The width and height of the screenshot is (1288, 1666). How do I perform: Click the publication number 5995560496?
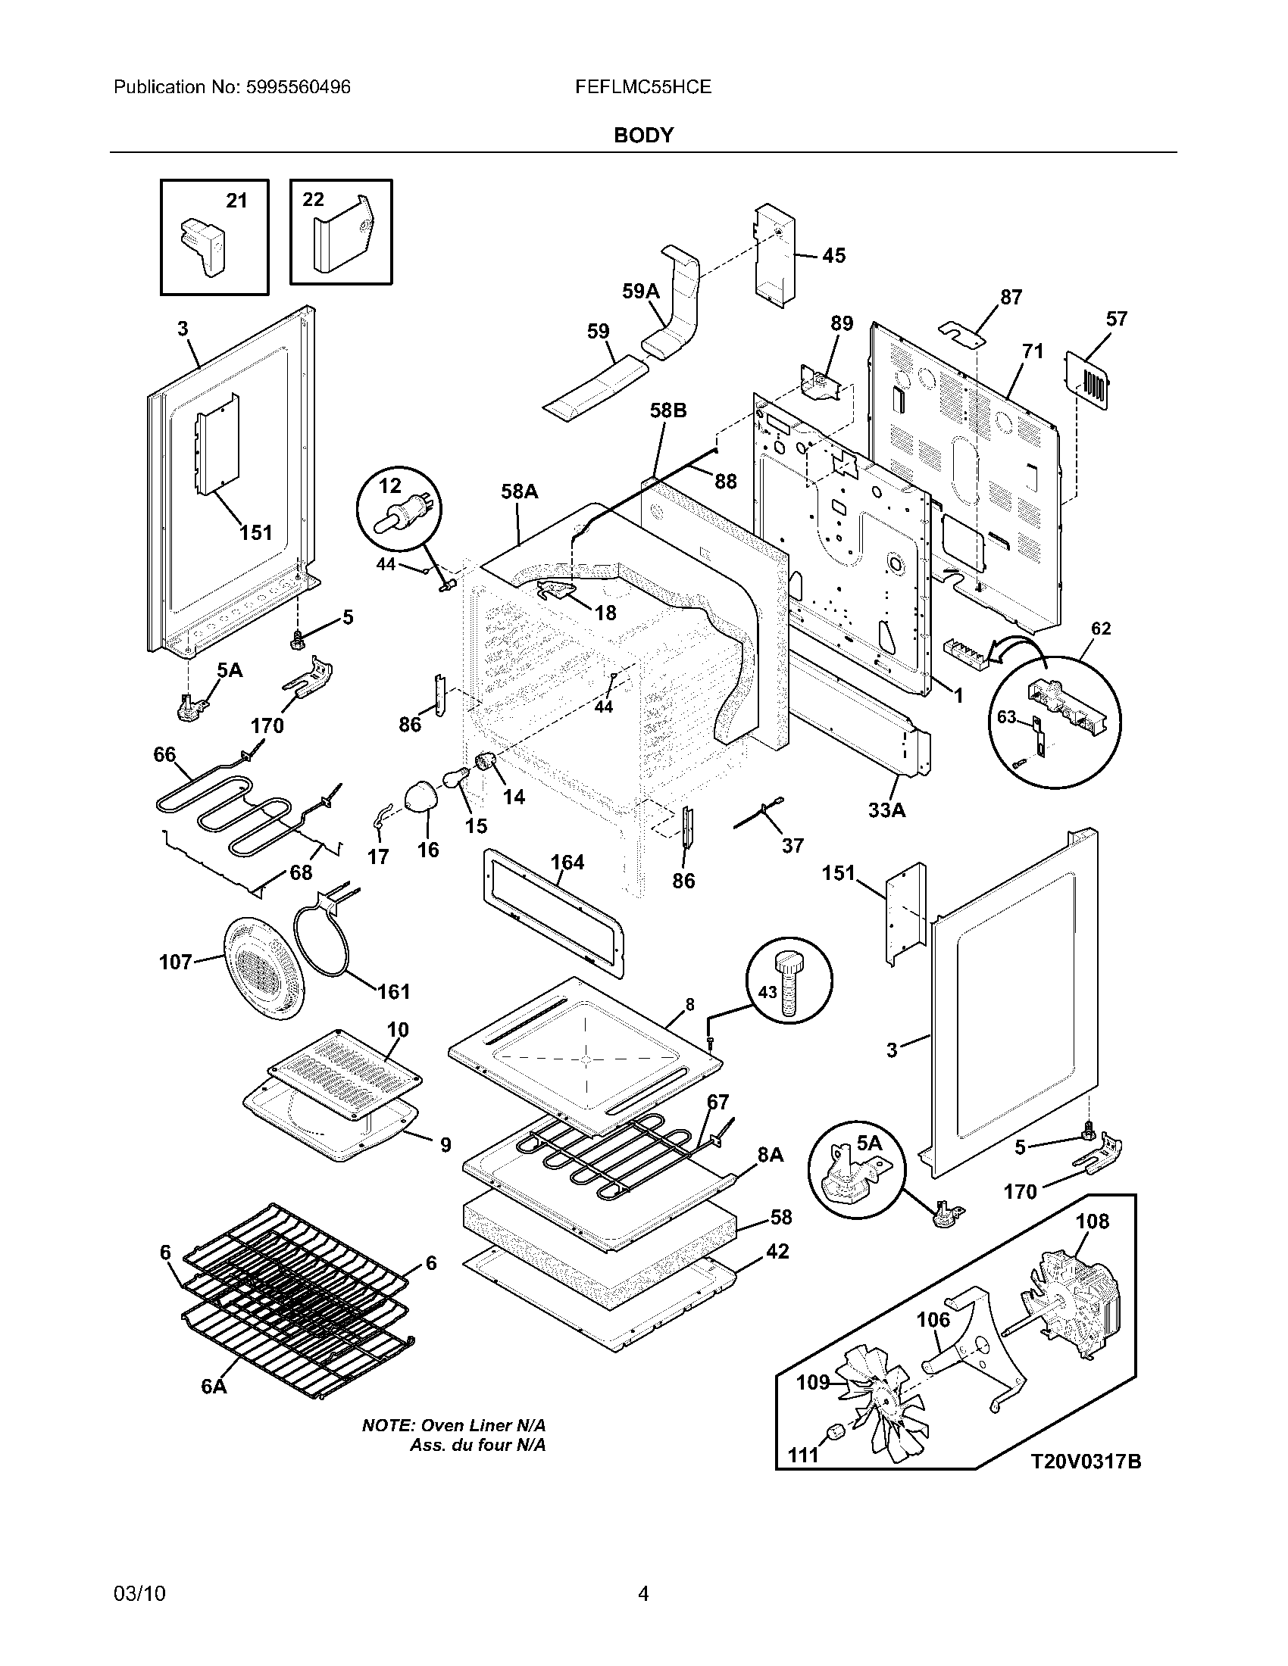point(299,88)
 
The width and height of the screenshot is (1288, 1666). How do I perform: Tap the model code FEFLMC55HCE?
point(643,88)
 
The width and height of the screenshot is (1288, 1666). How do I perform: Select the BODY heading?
point(643,135)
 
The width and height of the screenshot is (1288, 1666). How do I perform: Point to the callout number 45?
point(833,255)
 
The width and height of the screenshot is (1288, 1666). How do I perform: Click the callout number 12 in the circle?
point(390,486)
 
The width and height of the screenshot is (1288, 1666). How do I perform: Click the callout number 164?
point(567,863)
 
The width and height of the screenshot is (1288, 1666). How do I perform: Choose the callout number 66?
point(164,754)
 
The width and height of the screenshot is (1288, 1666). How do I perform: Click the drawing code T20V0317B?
point(1086,1462)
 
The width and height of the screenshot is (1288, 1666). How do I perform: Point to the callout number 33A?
point(886,810)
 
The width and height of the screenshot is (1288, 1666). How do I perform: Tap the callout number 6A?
point(214,1386)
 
